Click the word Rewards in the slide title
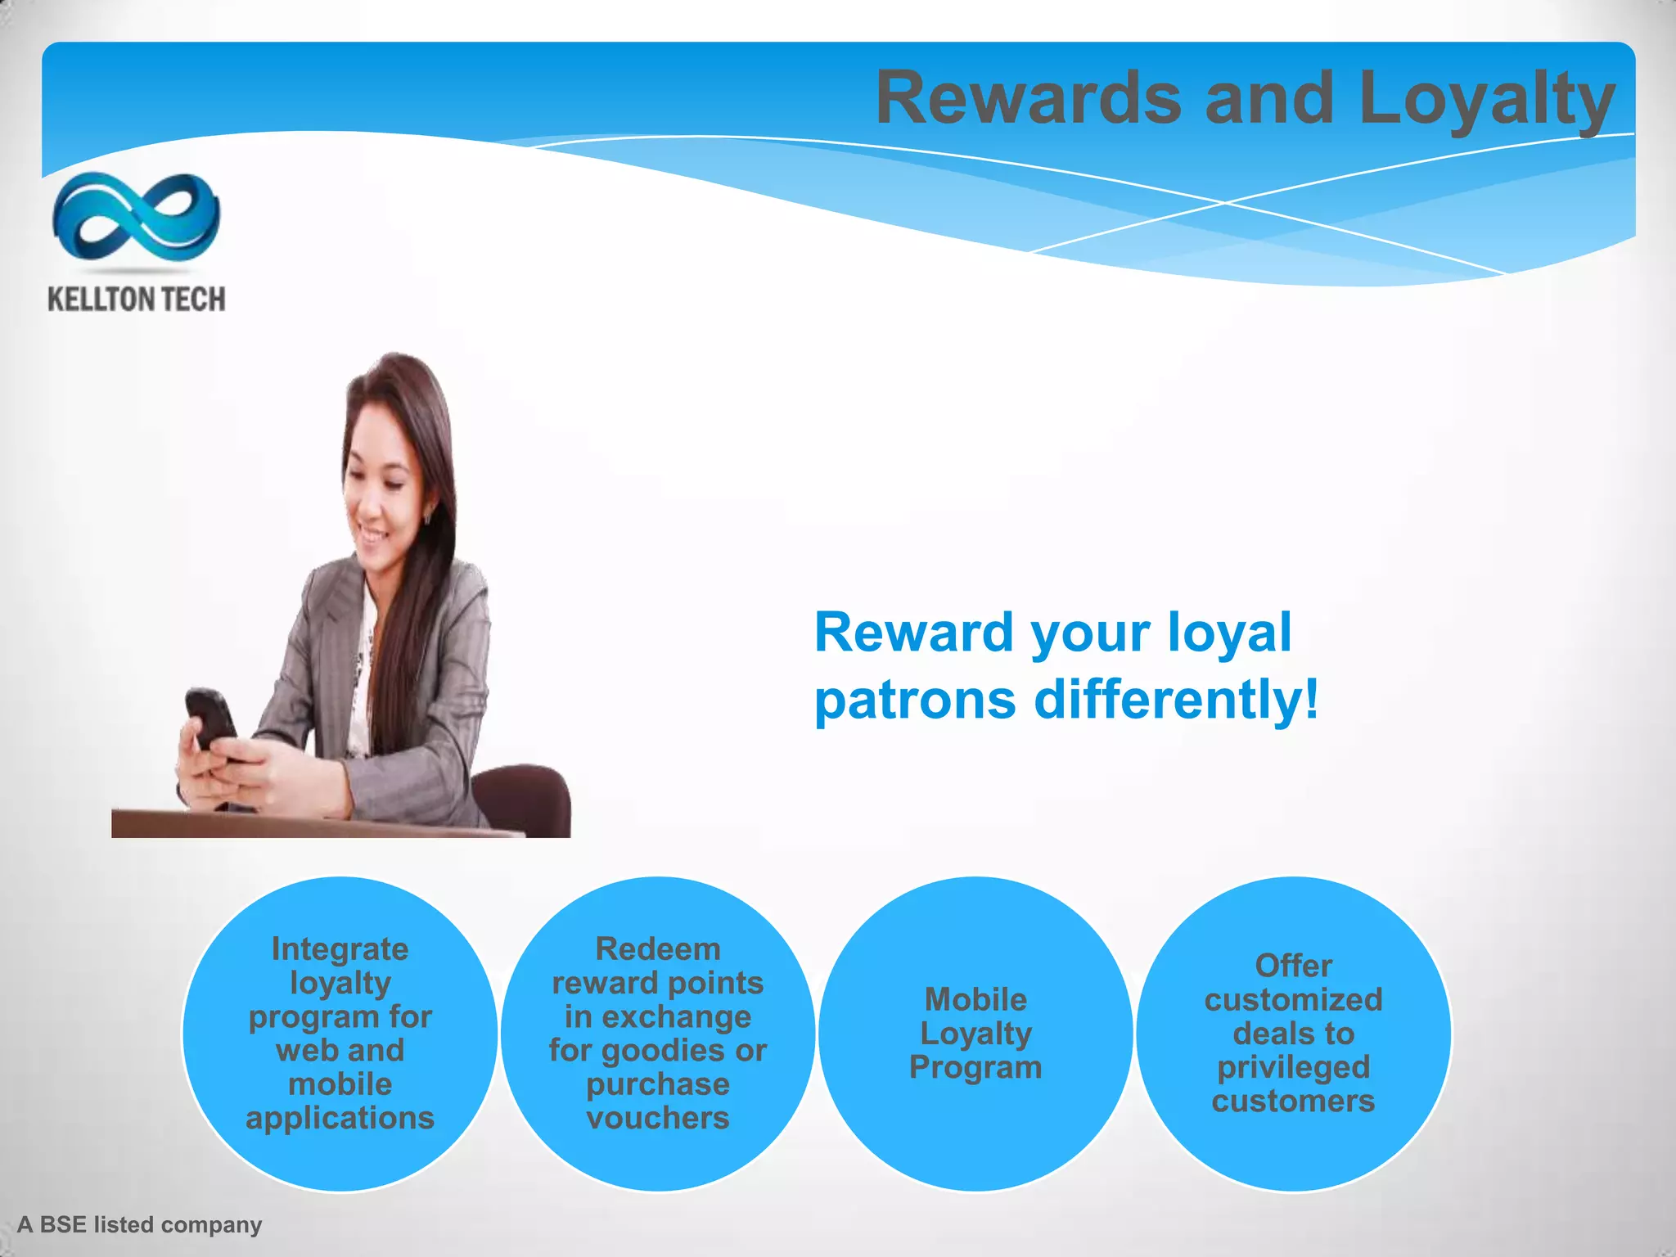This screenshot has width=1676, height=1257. click(x=1028, y=98)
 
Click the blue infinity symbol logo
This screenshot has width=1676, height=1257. click(x=136, y=216)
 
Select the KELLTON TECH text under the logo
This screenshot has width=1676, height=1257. click(x=137, y=300)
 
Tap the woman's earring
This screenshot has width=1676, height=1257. click(x=428, y=516)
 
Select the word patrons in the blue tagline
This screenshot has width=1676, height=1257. click(x=915, y=701)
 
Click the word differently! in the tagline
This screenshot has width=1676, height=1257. click(x=1176, y=701)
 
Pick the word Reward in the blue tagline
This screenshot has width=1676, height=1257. click(x=913, y=633)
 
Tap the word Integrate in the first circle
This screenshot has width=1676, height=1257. click(x=340, y=949)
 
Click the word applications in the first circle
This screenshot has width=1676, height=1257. click(x=340, y=1119)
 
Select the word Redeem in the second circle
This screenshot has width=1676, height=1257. click(x=658, y=949)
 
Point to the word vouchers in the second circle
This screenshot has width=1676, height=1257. click(x=658, y=1119)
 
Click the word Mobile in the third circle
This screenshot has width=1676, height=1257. click(x=975, y=999)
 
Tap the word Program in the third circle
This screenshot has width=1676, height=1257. click(x=975, y=1067)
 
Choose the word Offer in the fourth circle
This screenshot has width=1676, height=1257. click(x=1293, y=966)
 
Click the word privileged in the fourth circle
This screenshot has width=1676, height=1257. click(x=1293, y=1067)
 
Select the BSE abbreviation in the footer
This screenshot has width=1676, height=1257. click(x=63, y=1225)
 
